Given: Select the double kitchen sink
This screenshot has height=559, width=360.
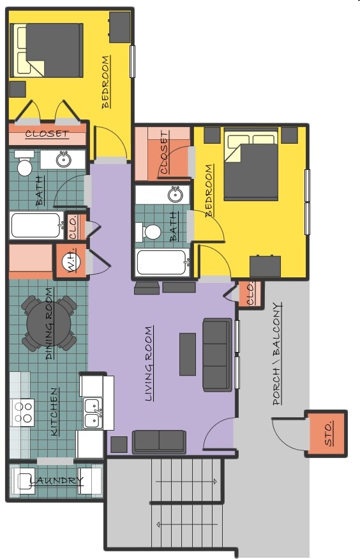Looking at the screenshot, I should (x=93, y=413).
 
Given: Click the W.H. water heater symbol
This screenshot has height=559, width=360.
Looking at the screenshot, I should (x=69, y=261).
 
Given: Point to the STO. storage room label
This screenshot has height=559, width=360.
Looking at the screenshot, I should (x=328, y=434).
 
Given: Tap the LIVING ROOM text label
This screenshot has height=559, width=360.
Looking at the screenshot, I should (x=149, y=364).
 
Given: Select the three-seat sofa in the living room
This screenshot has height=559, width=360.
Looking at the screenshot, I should (x=216, y=355).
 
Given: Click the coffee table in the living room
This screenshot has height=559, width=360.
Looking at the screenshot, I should (x=188, y=354).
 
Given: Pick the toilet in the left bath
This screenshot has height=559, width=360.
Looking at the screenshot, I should (x=24, y=165).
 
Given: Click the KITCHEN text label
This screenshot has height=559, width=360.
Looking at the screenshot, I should (x=54, y=412).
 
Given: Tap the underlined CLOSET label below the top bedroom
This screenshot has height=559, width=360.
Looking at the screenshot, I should (x=47, y=134).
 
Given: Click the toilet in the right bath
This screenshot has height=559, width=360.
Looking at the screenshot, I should (x=151, y=231).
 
